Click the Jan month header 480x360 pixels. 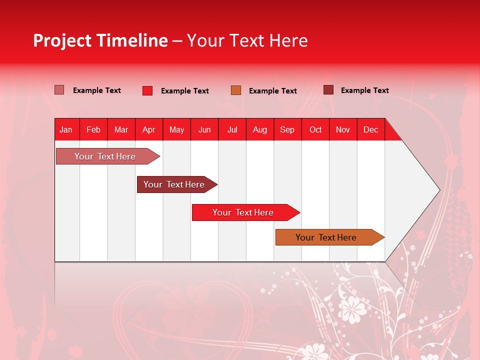point(66,130)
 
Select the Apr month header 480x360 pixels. point(148,130)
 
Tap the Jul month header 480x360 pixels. point(232,130)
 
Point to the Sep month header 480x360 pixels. point(287,130)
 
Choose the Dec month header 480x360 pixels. point(370,130)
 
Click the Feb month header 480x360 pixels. point(93,130)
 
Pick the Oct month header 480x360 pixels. point(315,130)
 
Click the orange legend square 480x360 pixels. point(236,90)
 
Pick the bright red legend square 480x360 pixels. point(147,90)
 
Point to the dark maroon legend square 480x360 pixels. point(328,90)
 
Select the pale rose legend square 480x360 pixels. point(59,90)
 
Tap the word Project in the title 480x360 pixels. point(62,40)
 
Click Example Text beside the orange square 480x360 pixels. point(272,91)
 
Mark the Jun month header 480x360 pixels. point(204,130)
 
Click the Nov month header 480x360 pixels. point(343,130)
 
